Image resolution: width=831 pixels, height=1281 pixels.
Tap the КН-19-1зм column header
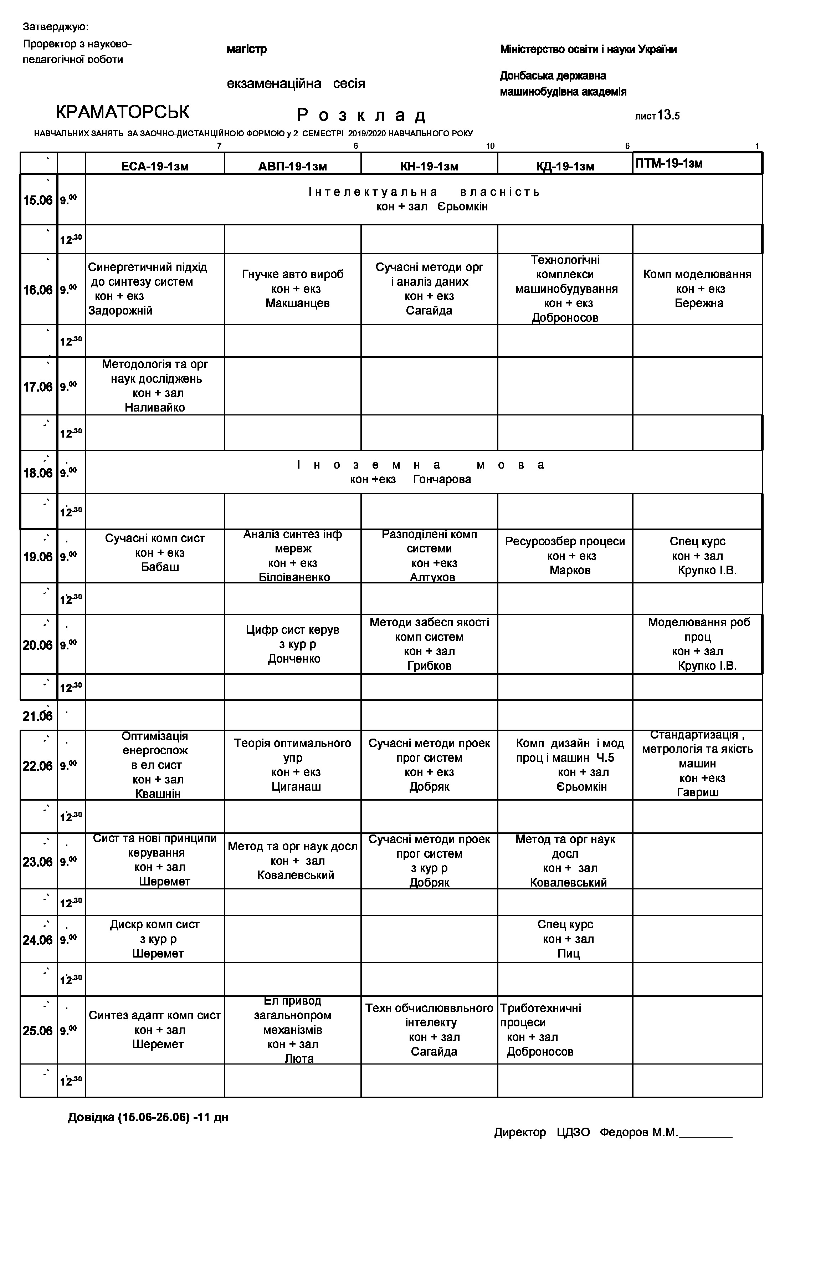pyautogui.click(x=429, y=166)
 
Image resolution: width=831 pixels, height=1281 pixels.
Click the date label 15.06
pyautogui.click(x=38, y=200)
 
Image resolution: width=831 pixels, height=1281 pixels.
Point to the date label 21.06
pyautogui.click(x=38, y=716)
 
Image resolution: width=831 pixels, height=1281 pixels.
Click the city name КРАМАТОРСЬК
pyautogui.click(x=123, y=112)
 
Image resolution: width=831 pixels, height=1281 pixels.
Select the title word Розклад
pyautogui.click(x=362, y=115)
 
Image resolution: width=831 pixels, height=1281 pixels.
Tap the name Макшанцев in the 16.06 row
pyautogui.click(x=297, y=303)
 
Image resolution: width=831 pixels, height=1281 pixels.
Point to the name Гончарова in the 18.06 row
pyautogui.click(x=442, y=479)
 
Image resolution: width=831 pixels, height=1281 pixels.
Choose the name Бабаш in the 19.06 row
pyautogui.click(x=160, y=567)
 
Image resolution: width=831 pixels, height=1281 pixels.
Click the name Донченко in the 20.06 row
pyautogui.click(x=294, y=658)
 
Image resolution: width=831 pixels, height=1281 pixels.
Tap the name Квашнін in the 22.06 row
pyautogui.click(x=158, y=793)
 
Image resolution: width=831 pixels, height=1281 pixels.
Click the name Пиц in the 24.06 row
pyautogui.click(x=568, y=954)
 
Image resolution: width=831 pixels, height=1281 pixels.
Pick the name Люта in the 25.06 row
pyautogui.click(x=299, y=1059)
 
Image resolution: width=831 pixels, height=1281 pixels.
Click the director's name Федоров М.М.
pyautogui.click(x=638, y=1132)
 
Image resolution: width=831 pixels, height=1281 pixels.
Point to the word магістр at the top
pyautogui.click(x=246, y=50)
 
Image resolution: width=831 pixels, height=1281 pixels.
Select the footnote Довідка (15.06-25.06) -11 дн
pyautogui.click(x=148, y=1117)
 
